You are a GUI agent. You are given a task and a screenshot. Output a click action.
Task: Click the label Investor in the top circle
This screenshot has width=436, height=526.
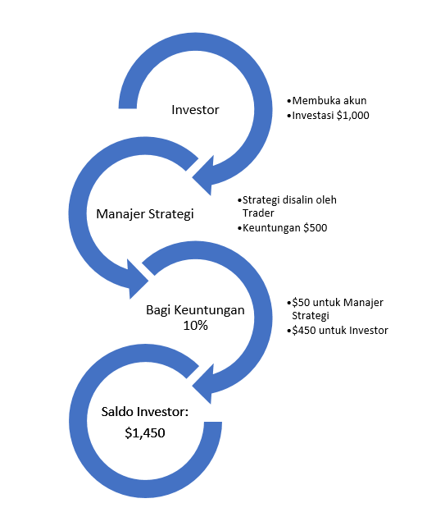[195, 110]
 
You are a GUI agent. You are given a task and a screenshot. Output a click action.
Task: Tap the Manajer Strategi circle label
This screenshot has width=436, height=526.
[145, 214]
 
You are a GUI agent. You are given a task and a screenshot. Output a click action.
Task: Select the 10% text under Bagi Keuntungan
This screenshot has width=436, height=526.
[195, 326]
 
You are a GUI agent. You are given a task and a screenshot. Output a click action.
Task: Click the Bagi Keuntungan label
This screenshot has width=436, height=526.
[195, 310]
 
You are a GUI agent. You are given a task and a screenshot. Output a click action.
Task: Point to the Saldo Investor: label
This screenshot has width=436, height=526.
[145, 412]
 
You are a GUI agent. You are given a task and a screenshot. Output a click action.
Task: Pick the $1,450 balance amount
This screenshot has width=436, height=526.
[145, 432]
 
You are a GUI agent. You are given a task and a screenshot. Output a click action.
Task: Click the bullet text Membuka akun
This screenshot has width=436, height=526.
[329, 100]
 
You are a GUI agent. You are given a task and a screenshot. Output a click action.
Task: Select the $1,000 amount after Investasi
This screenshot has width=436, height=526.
[353, 116]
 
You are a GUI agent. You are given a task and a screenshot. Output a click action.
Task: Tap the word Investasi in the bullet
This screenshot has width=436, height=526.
[313, 116]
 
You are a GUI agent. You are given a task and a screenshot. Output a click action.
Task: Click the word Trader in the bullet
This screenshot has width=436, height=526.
[258, 213]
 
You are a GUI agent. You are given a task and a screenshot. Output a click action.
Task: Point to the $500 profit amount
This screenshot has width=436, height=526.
[315, 228]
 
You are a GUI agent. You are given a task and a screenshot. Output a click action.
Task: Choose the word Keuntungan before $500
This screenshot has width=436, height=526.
[271, 228]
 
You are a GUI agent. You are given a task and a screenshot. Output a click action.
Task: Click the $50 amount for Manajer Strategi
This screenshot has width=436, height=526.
[301, 302]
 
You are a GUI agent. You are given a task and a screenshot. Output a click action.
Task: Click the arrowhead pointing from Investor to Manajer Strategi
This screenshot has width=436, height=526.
[202, 176]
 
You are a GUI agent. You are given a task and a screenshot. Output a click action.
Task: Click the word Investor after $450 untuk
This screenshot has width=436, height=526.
[369, 331]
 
